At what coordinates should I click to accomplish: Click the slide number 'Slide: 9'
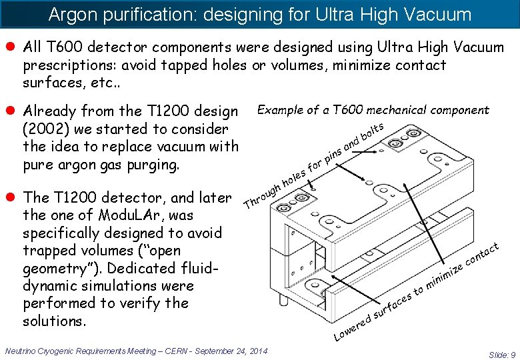point(502,355)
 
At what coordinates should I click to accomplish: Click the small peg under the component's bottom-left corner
point(285,301)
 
